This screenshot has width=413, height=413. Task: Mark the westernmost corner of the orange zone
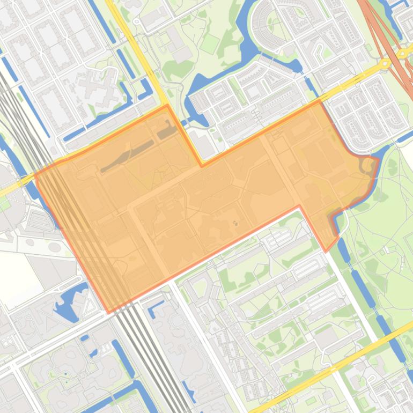tap(35, 175)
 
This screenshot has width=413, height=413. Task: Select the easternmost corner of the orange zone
tap(379, 159)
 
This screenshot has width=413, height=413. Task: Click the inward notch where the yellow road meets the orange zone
tap(202, 166)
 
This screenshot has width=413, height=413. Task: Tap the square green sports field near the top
tap(210, 43)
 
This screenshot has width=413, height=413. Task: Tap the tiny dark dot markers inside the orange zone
tap(234, 223)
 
